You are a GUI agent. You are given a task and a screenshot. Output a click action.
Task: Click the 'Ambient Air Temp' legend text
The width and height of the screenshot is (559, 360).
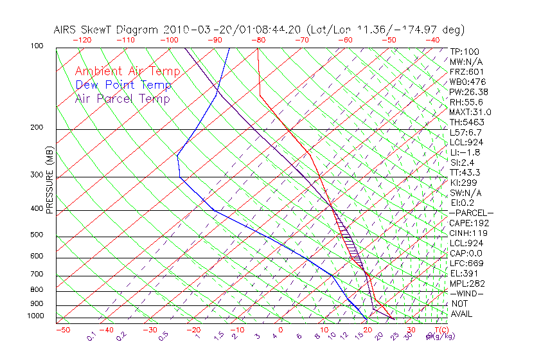[128, 71]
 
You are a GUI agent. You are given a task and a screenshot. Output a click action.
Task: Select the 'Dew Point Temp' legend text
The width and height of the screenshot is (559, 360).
[123, 85]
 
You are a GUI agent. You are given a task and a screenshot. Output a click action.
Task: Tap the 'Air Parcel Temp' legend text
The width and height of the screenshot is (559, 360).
[123, 98]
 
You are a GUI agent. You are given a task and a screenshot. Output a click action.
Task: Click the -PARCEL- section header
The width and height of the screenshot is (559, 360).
[471, 213]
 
